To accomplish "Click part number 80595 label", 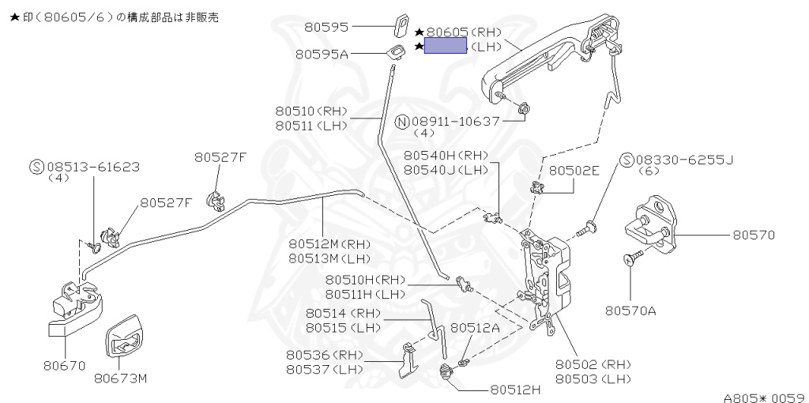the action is (x=325, y=27).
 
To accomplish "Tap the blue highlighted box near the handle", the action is (x=446, y=45).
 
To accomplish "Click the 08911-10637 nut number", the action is (x=456, y=121).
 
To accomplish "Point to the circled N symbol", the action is (x=402, y=122).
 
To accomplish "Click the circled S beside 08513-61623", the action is (x=36, y=168).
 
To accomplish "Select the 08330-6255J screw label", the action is (x=685, y=160).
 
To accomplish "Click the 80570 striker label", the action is (x=754, y=235).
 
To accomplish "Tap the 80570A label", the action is (x=630, y=311).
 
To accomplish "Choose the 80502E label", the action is (x=574, y=170).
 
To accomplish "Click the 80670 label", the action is (x=65, y=366).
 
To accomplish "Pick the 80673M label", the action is (x=121, y=379).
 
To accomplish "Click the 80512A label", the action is (x=475, y=327).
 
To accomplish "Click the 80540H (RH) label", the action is (x=446, y=155).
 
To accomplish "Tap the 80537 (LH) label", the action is (x=325, y=370).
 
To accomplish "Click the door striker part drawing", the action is (x=651, y=224).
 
